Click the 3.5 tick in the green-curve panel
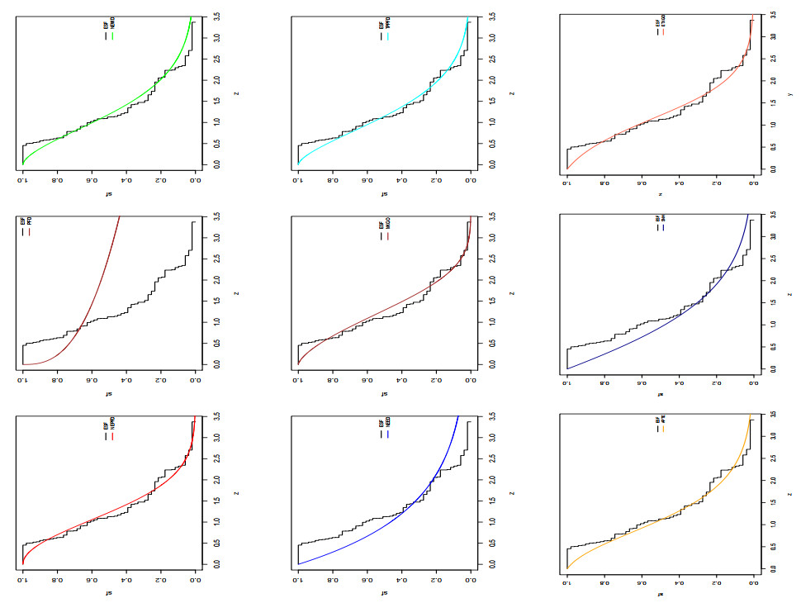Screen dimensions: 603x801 [x=216, y=16]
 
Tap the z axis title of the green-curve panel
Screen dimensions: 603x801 [x=237, y=93]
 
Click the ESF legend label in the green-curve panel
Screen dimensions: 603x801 [x=106, y=25]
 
